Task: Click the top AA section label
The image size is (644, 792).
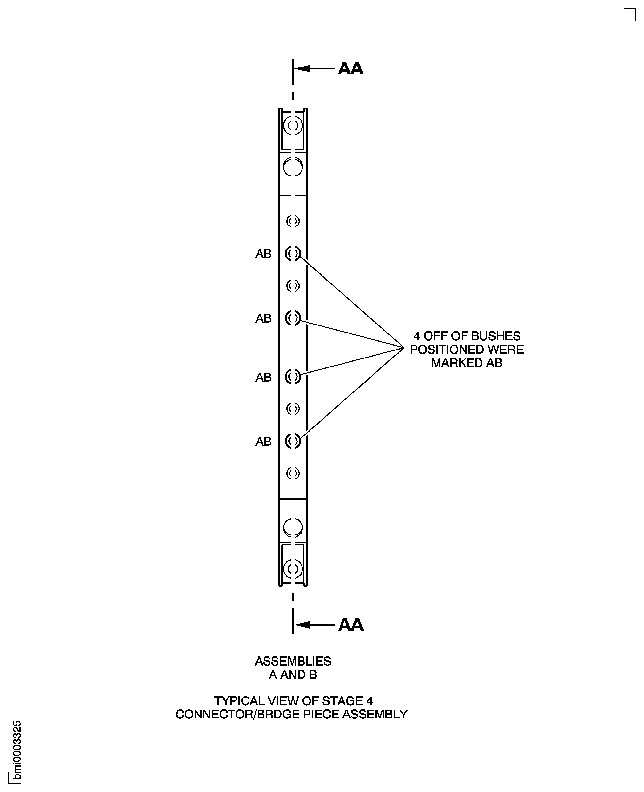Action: [351, 69]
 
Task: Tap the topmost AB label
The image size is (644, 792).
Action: [263, 254]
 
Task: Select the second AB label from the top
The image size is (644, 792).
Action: [263, 318]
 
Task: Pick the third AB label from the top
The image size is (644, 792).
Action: [263, 377]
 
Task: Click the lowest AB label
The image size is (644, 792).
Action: [263, 442]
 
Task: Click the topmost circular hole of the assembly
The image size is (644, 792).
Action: [293, 125]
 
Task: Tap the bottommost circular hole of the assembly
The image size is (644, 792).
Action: [293, 569]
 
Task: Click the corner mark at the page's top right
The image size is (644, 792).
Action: [631, 14]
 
